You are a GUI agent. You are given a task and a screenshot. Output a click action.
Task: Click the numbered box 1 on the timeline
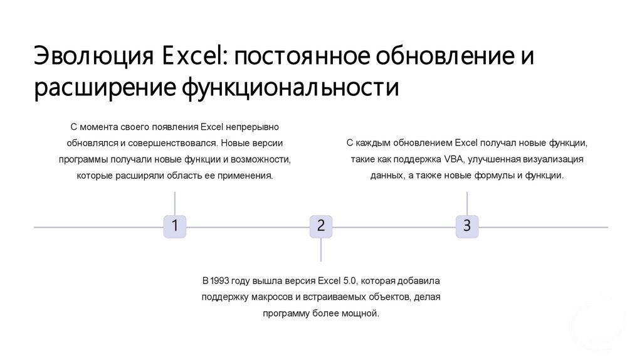pos(175,226)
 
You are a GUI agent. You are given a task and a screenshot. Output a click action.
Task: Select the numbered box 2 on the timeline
pos(321,226)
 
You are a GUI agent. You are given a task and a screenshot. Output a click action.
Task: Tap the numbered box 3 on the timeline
pos(467,226)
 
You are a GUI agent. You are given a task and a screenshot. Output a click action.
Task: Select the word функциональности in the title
pos(290,87)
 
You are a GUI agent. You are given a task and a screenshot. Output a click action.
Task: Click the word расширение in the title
pos(103,87)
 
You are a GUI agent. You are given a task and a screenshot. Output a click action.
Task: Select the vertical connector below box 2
pos(321,250)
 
